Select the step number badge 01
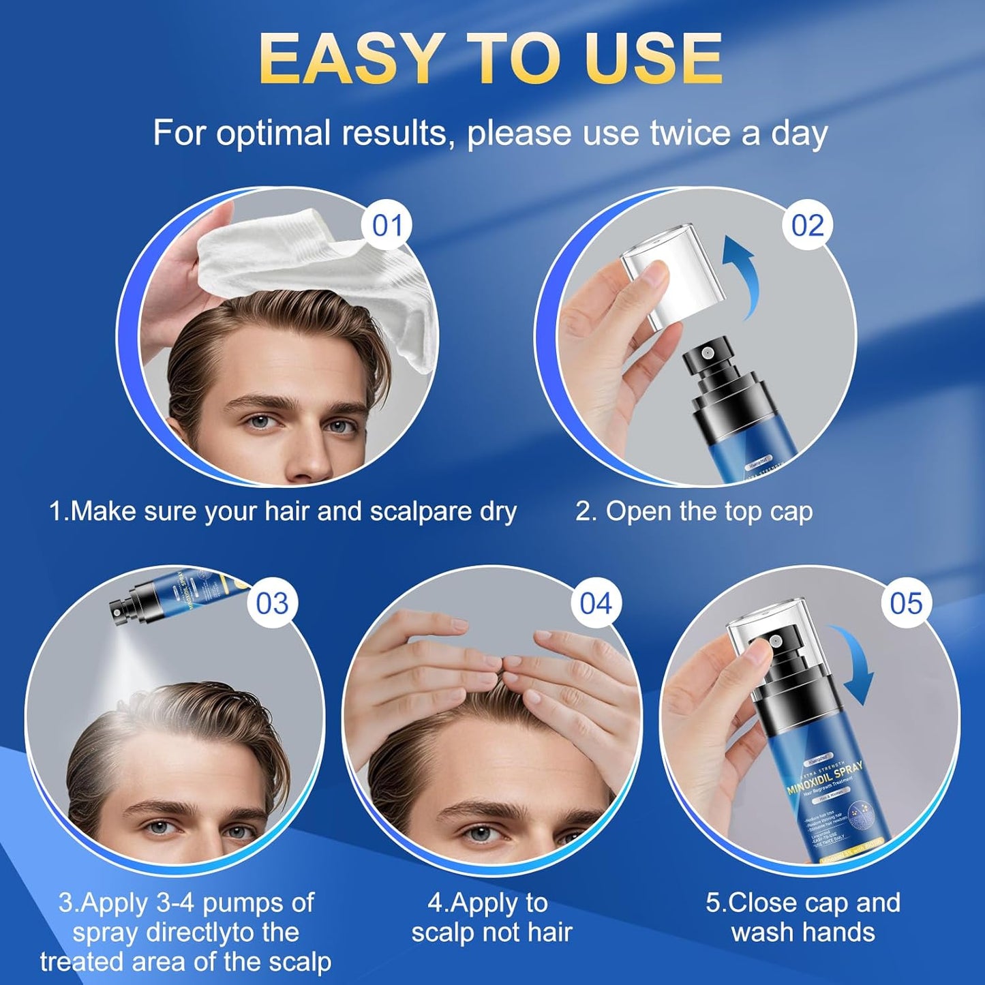click(387, 226)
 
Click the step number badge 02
click(807, 226)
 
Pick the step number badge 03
click(272, 603)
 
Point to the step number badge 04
click(596, 603)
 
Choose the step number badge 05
click(906, 603)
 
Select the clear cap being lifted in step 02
click(658, 279)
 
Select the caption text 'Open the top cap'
click(709, 511)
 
